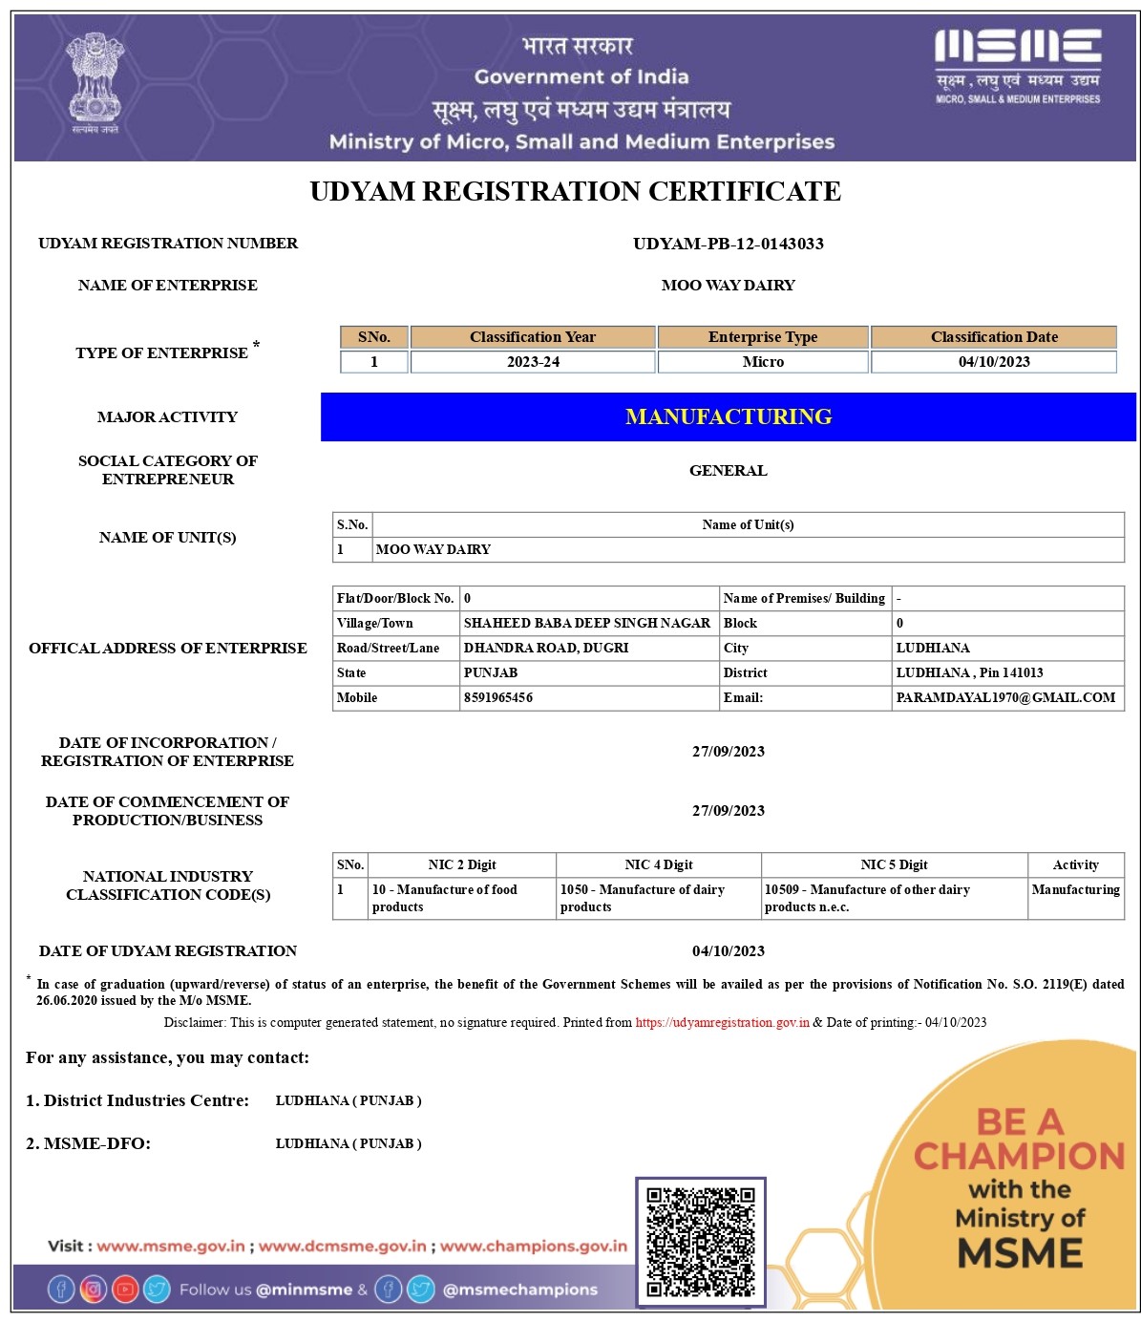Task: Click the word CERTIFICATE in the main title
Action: (745, 191)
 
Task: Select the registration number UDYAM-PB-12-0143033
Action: (728, 244)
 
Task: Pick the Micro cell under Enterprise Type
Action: (763, 362)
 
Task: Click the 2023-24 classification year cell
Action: (533, 362)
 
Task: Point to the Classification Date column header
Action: (994, 337)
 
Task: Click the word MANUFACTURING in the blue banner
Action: (729, 416)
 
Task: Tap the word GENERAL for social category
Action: (728, 470)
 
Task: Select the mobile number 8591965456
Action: (498, 698)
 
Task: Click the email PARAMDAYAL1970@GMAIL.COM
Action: (1005, 698)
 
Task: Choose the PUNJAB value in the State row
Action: (491, 673)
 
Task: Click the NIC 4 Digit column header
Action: (659, 865)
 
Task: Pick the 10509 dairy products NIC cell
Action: (867, 898)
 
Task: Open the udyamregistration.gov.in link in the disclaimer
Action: (723, 1023)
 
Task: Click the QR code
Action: (701, 1242)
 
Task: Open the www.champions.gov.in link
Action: (534, 1247)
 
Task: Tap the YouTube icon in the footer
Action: (125, 1290)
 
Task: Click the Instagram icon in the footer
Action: (94, 1290)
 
